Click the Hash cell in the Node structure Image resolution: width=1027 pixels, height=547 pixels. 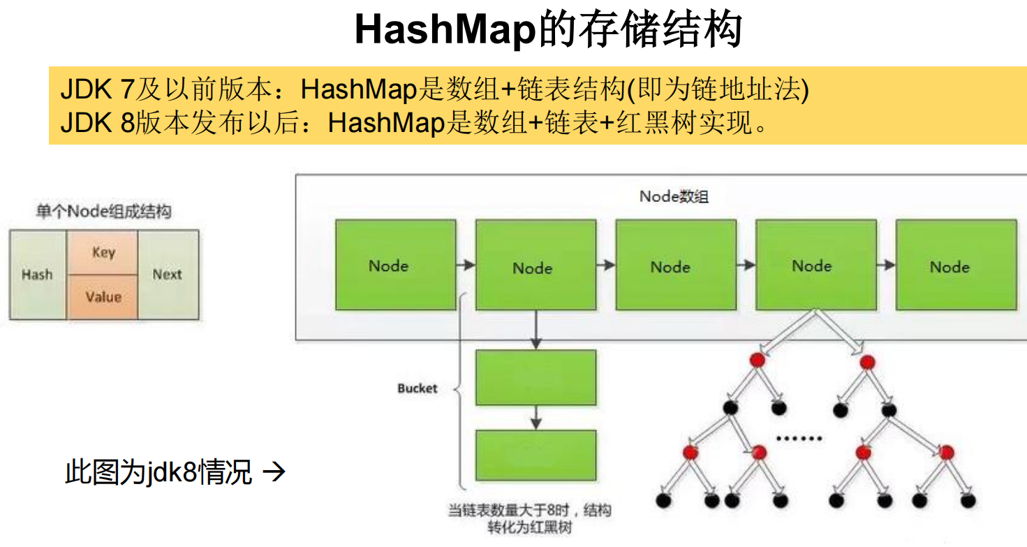click(x=37, y=275)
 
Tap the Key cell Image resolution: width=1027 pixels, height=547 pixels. click(x=103, y=252)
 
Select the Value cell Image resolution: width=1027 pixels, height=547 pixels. click(x=103, y=297)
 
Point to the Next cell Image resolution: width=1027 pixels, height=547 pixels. click(x=168, y=275)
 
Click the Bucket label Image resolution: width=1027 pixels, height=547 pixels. click(x=418, y=388)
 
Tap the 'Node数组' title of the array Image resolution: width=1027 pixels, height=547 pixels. click(x=674, y=196)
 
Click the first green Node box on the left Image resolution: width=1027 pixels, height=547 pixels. click(x=395, y=265)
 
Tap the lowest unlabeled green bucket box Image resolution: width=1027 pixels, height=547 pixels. click(x=535, y=455)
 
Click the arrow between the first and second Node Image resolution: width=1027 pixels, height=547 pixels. click(x=466, y=265)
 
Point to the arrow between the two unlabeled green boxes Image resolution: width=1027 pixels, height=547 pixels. click(x=535, y=417)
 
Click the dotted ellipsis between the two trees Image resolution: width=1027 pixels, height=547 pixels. click(x=800, y=439)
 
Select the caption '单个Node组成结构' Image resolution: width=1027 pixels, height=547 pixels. click(x=103, y=212)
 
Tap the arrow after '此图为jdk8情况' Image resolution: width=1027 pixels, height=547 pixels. click(x=274, y=473)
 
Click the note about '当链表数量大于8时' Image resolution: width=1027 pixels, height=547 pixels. click(x=529, y=518)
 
